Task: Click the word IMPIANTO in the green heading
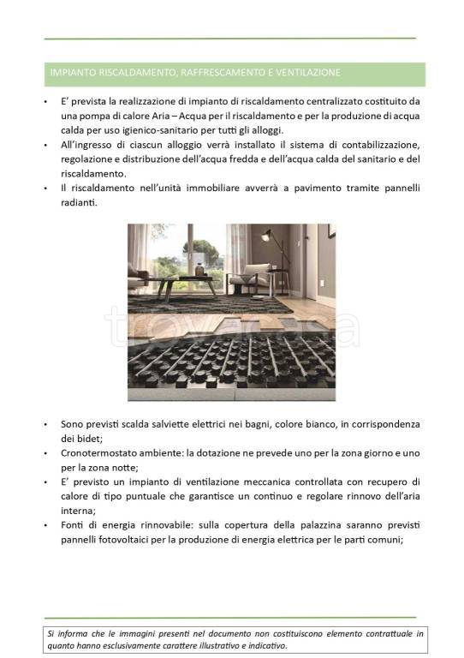pos(71,72)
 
